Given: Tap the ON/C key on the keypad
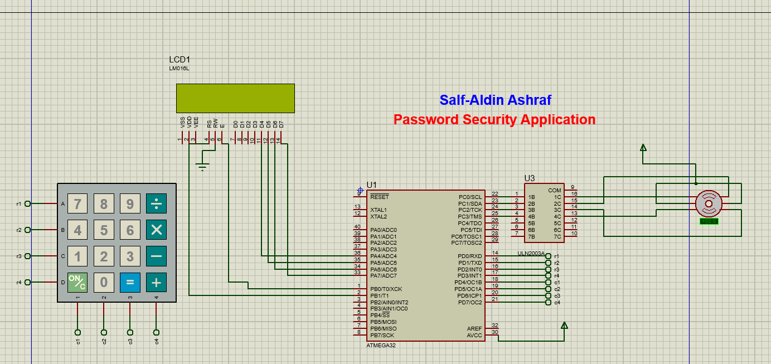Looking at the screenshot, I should pos(77,283).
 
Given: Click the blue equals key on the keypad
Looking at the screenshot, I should pos(130,283).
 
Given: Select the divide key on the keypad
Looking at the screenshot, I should pos(156,204).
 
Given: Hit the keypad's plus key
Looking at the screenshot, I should pos(156,283).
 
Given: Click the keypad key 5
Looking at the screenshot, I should pos(104,230).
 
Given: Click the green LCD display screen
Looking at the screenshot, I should pos(235,99).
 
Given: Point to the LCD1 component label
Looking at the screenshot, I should pos(180,60).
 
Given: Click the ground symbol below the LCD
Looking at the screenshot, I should pos(203,166).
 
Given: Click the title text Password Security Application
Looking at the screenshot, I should pos(494,119).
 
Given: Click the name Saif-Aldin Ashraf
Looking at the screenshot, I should pos(495,100).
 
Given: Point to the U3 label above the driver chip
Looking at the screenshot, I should pos(530,178).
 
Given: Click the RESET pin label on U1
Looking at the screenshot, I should pos(380,197).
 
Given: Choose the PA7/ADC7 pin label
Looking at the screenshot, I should pos(384,276).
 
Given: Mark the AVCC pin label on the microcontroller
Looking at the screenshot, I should pos(474,336).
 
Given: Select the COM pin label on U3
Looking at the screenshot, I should pos(554,191).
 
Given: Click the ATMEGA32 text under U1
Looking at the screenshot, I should pos(381,346).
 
